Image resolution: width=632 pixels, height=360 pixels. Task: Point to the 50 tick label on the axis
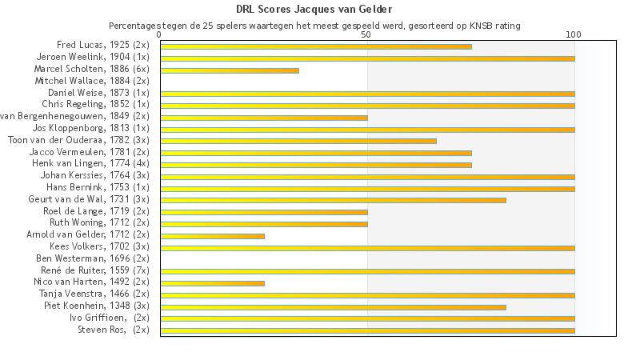[366, 34]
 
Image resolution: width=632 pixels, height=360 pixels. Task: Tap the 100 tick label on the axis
[574, 34]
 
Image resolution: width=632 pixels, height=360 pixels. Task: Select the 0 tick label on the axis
[160, 34]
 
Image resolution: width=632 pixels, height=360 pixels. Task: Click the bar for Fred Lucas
[316, 46]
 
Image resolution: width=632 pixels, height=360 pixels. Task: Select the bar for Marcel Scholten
[230, 70]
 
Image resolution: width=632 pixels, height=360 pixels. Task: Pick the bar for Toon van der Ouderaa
[298, 141]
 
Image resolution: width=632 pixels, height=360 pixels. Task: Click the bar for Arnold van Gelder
[212, 236]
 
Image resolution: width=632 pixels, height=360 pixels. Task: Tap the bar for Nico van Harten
[212, 283]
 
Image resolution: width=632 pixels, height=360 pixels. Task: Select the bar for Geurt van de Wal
[333, 200]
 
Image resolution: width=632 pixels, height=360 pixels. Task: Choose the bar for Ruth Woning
[264, 224]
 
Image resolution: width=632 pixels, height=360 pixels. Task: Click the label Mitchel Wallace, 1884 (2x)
[92, 81]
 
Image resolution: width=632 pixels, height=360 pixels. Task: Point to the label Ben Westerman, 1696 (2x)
[93, 258]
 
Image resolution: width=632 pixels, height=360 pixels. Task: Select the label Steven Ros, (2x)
[113, 330]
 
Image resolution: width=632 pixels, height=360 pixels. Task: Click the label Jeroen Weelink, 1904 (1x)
[93, 57]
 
